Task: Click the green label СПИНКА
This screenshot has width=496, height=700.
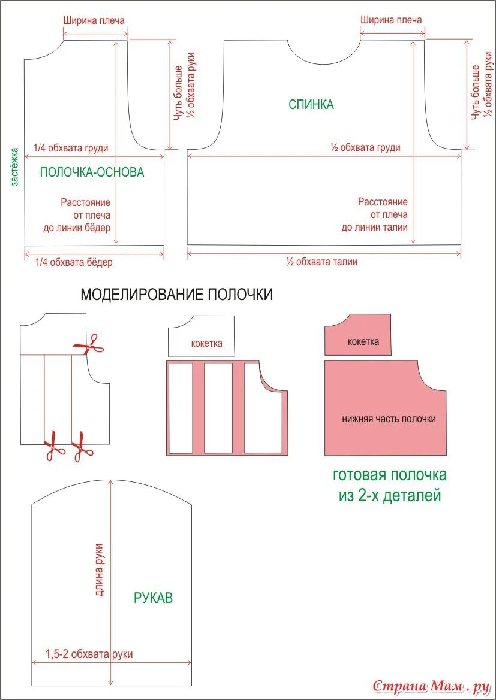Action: [x=311, y=104]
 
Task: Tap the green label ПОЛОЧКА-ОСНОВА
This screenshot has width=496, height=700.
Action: [x=92, y=172]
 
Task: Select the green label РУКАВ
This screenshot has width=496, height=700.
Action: [x=153, y=597]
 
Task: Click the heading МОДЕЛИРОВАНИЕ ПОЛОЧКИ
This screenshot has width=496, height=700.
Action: [x=176, y=295]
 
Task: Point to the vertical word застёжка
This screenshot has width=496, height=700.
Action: [x=15, y=168]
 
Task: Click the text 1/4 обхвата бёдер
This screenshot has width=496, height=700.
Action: [x=73, y=262]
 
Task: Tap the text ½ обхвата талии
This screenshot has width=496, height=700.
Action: [x=321, y=262]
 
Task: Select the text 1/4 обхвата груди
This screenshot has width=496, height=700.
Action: [x=71, y=148]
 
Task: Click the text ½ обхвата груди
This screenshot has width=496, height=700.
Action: [x=365, y=147]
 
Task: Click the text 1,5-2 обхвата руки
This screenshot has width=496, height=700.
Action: [x=89, y=654]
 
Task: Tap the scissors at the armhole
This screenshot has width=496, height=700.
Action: [x=88, y=344]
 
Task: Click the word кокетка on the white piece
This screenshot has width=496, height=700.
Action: [x=206, y=343]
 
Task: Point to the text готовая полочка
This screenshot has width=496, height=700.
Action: [x=389, y=475]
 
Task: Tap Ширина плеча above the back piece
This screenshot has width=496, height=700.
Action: [x=391, y=20]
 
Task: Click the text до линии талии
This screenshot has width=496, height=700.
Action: [x=374, y=227]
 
